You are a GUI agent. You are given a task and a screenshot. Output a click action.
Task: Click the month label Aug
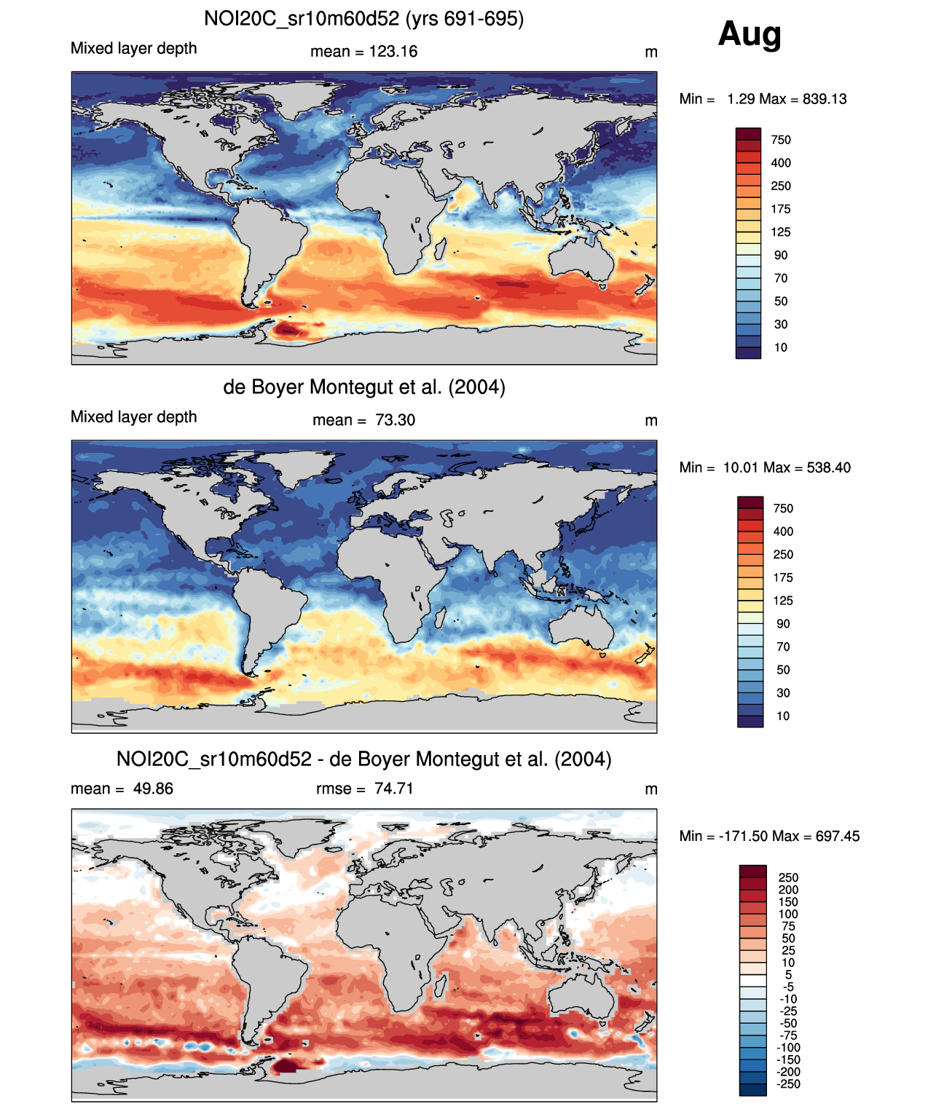click(750, 33)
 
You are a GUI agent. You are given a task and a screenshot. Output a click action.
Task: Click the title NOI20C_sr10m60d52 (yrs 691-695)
click(363, 18)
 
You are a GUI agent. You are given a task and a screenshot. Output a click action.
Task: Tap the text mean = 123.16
click(363, 52)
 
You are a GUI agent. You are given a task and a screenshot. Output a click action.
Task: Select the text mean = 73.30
click(363, 420)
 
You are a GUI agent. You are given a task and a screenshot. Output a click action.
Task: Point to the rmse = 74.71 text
click(364, 789)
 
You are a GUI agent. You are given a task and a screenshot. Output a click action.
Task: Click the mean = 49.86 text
click(122, 789)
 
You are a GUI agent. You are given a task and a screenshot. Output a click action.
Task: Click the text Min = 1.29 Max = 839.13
click(763, 99)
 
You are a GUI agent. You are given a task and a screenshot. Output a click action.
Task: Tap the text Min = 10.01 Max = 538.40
click(765, 467)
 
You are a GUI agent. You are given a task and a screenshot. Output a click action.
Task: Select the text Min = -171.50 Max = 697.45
click(769, 836)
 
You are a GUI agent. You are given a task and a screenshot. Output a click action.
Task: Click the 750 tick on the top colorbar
click(780, 140)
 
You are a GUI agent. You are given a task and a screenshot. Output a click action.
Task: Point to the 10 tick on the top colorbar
click(780, 347)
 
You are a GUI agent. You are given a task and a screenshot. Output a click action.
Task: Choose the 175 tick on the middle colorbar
click(783, 577)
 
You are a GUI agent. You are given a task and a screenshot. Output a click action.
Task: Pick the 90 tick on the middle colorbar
click(783, 624)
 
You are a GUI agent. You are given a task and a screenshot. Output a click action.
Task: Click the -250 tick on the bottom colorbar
click(788, 1084)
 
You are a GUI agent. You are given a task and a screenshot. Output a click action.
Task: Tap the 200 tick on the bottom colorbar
click(788, 890)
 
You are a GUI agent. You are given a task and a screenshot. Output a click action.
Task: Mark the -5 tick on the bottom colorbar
click(788, 987)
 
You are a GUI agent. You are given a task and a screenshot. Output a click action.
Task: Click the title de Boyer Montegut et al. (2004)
click(363, 387)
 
